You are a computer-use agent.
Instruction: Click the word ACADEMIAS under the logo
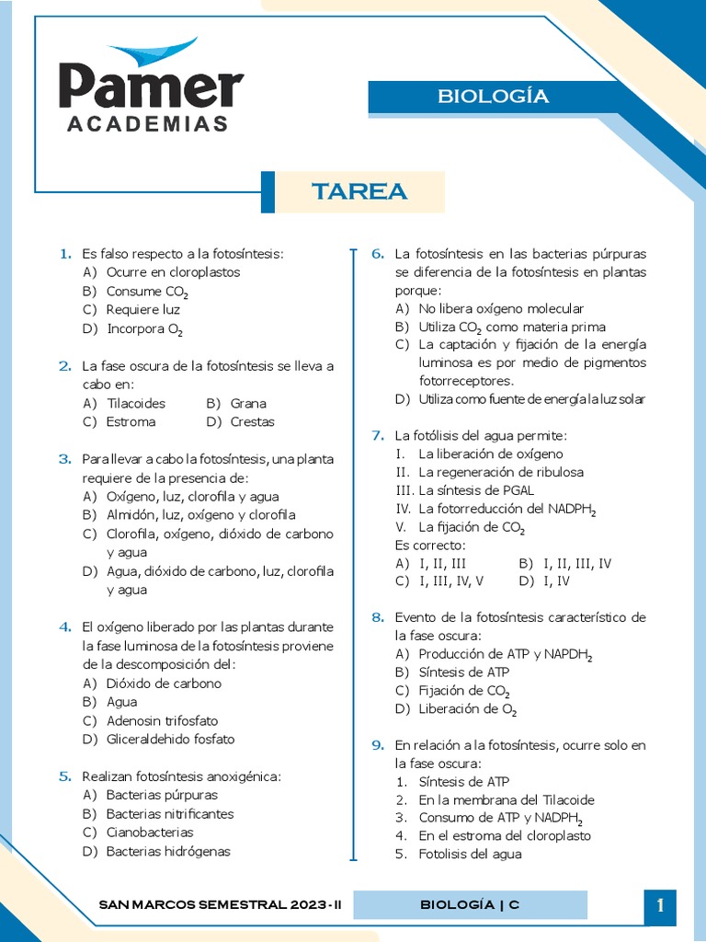[148, 124]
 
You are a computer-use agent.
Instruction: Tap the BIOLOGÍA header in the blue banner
[493, 97]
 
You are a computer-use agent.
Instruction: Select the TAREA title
[359, 191]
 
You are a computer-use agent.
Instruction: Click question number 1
[65, 253]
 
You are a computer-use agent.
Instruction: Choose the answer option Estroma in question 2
[131, 421]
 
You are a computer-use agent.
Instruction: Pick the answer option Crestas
[252, 421]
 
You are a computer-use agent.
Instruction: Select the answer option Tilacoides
[135, 403]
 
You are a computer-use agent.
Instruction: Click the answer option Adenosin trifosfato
[162, 720]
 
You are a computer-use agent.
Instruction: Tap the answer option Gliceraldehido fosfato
[170, 739]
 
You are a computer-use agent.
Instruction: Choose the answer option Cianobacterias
[150, 832]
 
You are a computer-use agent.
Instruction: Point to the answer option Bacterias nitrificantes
[170, 813]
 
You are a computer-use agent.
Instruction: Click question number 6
[377, 253]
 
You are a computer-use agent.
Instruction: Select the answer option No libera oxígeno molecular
[500, 308]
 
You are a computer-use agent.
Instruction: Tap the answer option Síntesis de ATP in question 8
[463, 672]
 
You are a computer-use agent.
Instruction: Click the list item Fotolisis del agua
[470, 854]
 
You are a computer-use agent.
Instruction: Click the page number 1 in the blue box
[660, 906]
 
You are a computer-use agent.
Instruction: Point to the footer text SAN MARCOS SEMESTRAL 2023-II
[220, 904]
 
